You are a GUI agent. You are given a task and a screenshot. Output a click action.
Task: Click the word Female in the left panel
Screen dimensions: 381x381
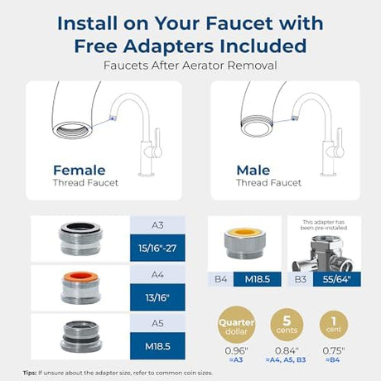pos(80,171)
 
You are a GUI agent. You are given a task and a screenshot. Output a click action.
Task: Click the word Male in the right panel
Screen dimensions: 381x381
pos(253,171)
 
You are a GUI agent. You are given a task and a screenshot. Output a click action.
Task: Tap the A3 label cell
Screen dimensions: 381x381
pos(157,225)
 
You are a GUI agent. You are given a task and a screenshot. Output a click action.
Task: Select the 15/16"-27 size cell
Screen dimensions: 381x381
pos(157,248)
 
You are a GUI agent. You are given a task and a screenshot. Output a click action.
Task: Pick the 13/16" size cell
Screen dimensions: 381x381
pos(157,297)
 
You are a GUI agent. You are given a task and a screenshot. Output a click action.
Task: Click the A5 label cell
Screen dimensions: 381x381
pos(157,323)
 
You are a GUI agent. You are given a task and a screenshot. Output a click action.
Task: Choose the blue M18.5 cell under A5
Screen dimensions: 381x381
pos(157,346)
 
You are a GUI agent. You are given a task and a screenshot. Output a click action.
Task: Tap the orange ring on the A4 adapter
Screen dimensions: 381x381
pos(81,276)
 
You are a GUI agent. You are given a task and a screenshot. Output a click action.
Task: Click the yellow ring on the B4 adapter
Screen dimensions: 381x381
pos(244,232)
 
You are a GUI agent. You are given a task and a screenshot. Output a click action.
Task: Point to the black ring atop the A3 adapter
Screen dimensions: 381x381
pos(81,227)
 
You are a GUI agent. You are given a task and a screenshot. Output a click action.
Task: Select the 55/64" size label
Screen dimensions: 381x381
pos(337,279)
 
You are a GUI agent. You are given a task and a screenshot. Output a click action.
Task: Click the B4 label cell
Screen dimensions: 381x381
pos(220,279)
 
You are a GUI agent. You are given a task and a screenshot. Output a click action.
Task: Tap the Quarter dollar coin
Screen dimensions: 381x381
pos(236,324)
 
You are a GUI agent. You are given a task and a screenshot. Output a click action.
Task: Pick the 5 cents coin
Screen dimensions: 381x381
pos(287,325)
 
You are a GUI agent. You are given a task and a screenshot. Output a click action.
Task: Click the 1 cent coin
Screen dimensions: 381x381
pos(334,325)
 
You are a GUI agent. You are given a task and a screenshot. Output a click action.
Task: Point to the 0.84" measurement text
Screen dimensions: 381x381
pos(287,351)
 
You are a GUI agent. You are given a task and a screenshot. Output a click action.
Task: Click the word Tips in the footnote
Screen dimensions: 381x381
pos(30,373)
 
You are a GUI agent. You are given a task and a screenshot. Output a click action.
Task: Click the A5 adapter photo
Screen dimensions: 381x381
pos(81,336)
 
